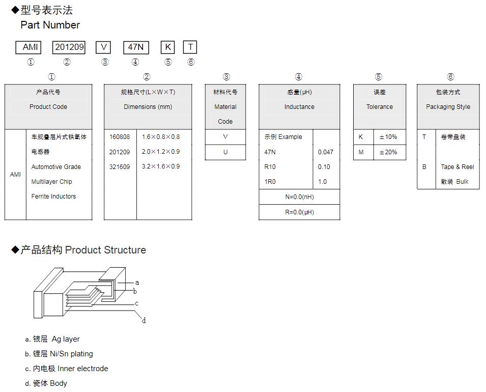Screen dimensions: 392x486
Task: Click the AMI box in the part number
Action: [30, 47]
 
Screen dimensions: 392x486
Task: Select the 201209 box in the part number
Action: [69, 47]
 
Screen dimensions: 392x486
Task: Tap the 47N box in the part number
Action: [136, 47]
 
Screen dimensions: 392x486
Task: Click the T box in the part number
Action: [190, 47]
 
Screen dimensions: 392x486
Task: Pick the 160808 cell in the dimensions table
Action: [120, 137]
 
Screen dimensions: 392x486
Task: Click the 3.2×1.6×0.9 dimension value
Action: [161, 166]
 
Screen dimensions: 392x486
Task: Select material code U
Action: [225, 152]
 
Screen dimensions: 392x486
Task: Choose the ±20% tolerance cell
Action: [388, 152]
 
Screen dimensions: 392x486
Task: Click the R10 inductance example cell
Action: [270, 167]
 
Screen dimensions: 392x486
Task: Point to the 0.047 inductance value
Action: [326, 152]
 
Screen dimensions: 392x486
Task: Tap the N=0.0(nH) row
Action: [299, 197]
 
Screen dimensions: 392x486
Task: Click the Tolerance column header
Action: [380, 107]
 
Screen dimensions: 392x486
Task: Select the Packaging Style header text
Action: [448, 107]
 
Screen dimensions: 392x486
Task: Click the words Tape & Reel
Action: [457, 167]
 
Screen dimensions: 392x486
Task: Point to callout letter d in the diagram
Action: [144, 321]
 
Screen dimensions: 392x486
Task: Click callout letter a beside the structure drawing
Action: [137, 283]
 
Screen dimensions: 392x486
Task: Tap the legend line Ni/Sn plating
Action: [71, 354]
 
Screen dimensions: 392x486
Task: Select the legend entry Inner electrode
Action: [82, 369]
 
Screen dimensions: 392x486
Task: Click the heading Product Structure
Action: [105, 250]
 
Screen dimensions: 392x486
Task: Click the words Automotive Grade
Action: [56, 167]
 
